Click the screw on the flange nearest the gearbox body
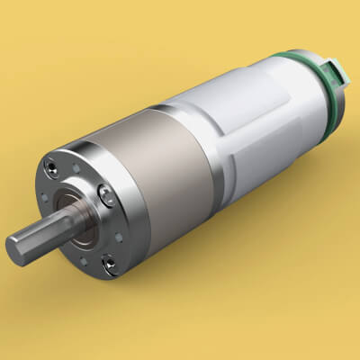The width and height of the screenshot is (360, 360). point(106,190)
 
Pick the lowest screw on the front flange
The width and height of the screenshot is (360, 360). point(109,263)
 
